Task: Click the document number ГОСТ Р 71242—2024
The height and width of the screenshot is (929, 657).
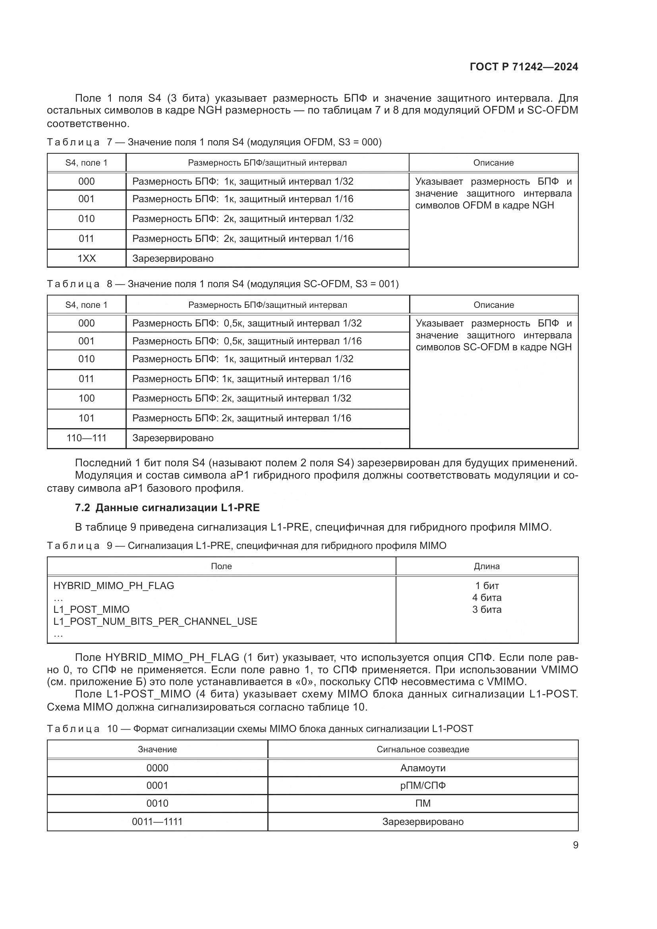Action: click(x=524, y=67)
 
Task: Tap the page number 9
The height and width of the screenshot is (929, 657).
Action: click(x=575, y=845)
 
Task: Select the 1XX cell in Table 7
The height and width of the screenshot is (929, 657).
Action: click(x=87, y=258)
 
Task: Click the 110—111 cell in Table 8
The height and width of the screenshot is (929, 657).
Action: click(x=87, y=438)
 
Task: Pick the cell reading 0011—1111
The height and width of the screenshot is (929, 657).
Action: click(x=157, y=821)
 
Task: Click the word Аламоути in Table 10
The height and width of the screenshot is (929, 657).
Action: click(x=423, y=768)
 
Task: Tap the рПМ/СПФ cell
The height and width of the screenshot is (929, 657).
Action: click(x=423, y=785)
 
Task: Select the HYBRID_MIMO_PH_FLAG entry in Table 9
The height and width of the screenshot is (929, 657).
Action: click(x=114, y=585)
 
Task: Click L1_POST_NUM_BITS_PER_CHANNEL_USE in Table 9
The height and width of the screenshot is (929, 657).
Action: click(x=155, y=621)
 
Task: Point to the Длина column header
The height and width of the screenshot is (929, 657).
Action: click(x=487, y=566)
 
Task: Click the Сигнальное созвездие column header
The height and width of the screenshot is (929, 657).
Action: click(x=423, y=749)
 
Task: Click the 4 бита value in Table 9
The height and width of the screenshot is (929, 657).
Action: click(x=487, y=598)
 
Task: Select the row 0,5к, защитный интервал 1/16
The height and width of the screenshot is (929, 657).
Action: click(x=247, y=341)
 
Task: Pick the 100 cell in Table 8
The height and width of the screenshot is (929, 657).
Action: click(x=87, y=398)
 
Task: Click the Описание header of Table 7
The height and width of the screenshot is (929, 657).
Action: click(x=493, y=163)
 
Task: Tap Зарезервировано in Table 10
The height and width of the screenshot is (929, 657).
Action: click(x=423, y=821)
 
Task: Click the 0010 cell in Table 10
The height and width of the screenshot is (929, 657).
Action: click(x=157, y=803)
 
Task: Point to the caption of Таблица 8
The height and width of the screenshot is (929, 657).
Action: click(x=222, y=284)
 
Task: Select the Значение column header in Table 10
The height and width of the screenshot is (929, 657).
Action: click(x=157, y=749)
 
